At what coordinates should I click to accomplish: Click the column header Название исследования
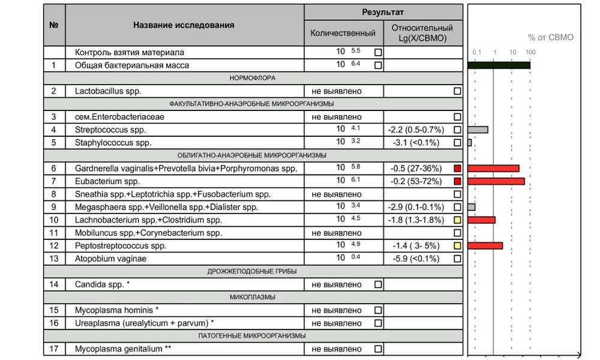tap(184, 25)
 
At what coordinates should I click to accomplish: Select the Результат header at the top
tap(383, 12)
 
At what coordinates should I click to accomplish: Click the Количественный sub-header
tap(343, 33)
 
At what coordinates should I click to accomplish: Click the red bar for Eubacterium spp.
tap(496, 181)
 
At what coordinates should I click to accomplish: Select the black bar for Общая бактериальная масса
tap(499, 65)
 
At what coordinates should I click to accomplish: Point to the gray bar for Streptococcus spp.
tap(478, 130)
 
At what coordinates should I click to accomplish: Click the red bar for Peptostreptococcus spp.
tap(485, 245)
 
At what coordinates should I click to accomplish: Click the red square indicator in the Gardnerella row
tap(457, 169)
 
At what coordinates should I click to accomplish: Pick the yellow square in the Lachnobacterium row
tap(457, 220)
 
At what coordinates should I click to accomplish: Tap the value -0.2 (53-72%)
tap(416, 181)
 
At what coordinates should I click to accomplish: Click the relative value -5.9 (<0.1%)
tap(416, 259)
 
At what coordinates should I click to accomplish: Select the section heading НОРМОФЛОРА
tap(253, 78)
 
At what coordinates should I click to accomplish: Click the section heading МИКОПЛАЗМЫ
tap(253, 297)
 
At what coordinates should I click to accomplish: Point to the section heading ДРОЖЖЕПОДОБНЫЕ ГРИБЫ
tap(253, 271)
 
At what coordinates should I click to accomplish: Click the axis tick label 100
tap(530, 52)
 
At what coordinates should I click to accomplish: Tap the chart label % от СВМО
tap(550, 37)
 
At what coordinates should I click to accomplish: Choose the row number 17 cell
tap(54, 349)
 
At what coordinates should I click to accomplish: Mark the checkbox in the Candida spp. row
tap(378, 284)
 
